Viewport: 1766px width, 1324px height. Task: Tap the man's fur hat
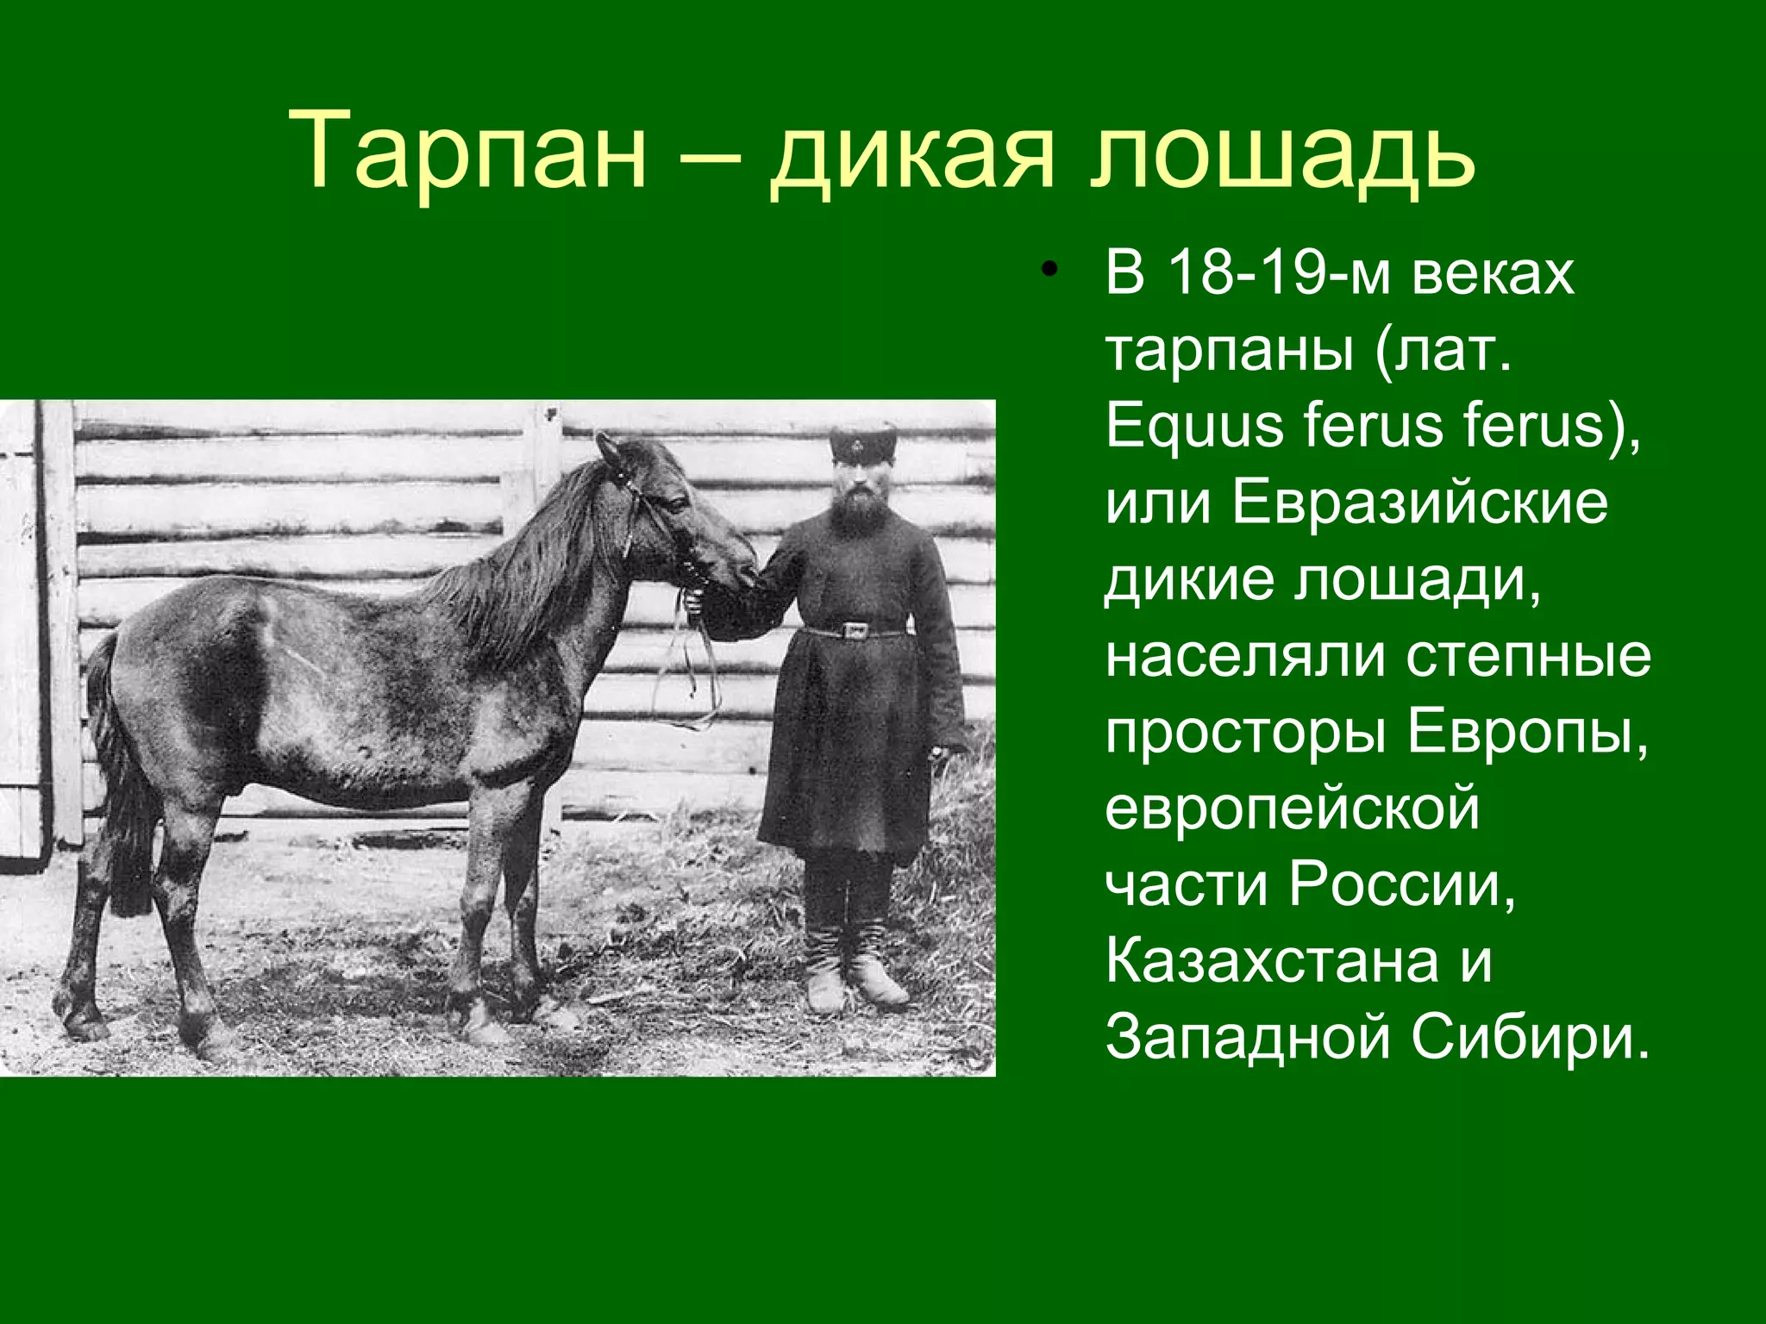point(863,441)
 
